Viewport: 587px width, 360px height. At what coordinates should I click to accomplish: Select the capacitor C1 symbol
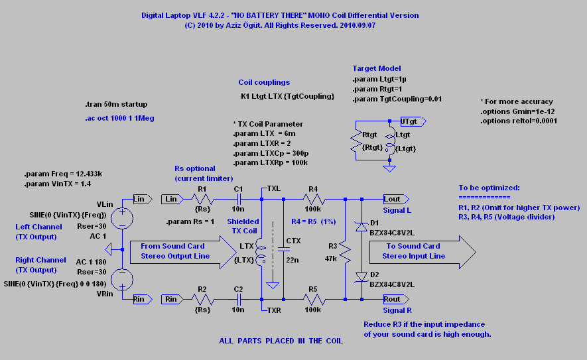(x=238, y=199)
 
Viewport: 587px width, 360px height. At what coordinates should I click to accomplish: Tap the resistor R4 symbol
(x=313, y=199)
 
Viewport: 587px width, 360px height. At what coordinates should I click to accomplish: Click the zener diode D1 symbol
(x=361, y=227)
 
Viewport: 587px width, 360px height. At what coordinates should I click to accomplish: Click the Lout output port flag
(x=396, y=199)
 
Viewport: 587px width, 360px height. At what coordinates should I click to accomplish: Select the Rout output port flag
(x=396, y=299)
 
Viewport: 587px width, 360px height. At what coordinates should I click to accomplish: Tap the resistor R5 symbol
(x=313, y=299)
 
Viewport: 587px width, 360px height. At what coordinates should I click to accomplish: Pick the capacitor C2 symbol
(x=238, y=299)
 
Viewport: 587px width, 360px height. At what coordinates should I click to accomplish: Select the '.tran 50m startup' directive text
(x=116, y=104)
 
